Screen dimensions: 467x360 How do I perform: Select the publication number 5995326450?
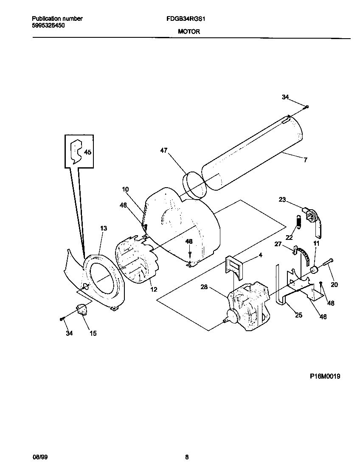(x=49, y=25)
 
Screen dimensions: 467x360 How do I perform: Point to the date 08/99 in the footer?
(x=38, y=457)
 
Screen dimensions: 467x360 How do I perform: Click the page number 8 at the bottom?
(x=186, y=457)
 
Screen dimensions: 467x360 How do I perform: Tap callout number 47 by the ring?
(x=164, y=150)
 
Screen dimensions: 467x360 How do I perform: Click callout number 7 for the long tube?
(x=305, y=160)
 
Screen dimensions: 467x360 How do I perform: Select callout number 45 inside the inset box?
(x=87, y=152)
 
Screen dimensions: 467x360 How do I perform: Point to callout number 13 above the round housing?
(x=104, y=228)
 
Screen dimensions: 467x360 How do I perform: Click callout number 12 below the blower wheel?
(x=154, y=290)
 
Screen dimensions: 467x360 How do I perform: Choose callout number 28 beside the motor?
(x=204, y=287)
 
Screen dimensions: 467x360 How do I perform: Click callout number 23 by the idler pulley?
(x=283, y=200)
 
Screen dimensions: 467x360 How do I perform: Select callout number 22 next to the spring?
(x=289, y=237)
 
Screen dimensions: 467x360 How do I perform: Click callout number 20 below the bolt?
(x=334, y=284)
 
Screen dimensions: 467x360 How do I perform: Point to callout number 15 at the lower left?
(x=93, y=333)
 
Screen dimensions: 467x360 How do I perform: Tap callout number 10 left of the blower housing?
(x=125, y=189)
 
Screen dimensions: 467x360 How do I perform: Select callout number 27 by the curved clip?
(x=278, y=244)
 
